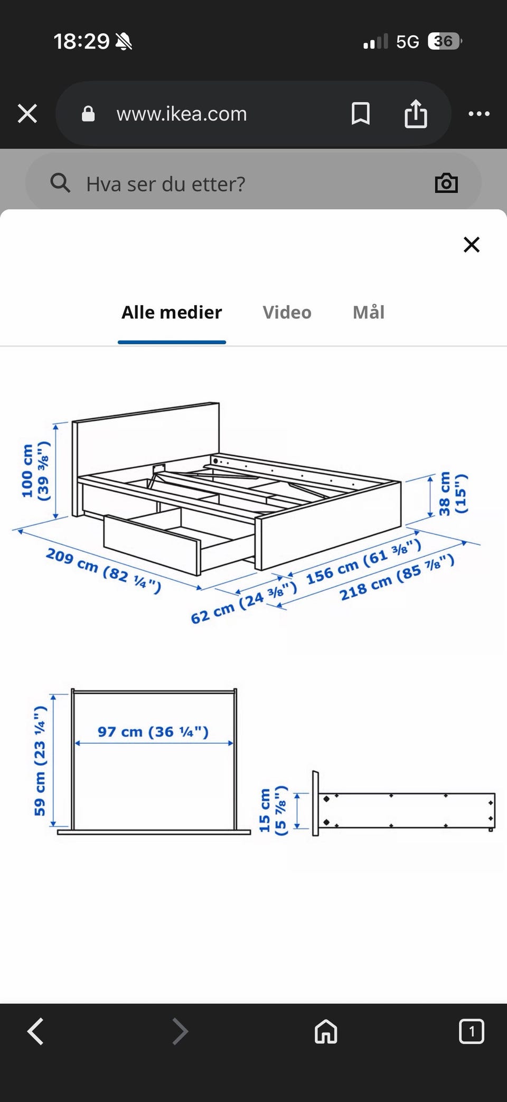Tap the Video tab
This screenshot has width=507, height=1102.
click(287, 312)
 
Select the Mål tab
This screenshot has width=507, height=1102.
click(369, 312)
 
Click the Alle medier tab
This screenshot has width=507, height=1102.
click(172, 312)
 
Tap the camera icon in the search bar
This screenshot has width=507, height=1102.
click(446, 183)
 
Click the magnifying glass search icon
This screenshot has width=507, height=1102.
click(60, 183)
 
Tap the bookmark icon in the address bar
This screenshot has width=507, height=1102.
click(361, 114)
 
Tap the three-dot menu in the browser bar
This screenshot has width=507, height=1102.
click(479, 114)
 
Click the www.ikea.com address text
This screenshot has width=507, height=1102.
click(182, 114)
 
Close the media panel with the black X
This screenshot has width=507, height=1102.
click(471, 244)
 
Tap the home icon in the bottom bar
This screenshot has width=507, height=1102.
click(326, 1031)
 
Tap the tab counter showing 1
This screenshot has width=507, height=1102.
click(471, 1031)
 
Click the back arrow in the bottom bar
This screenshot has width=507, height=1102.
click(35, 1031)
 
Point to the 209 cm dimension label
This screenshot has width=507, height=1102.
click(104, 571)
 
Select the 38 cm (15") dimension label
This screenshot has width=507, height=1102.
click(453, 494)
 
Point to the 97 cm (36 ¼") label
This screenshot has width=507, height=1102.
click(153, 732)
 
